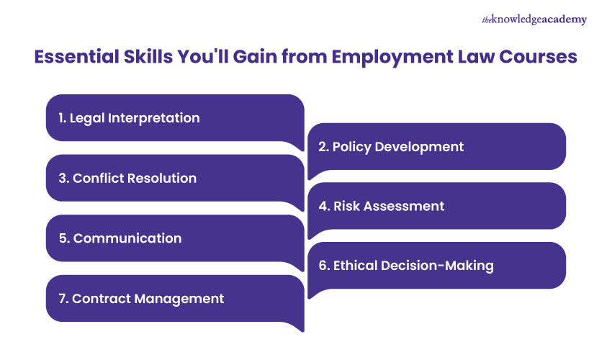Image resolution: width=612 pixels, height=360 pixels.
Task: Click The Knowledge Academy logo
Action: pos(534,19)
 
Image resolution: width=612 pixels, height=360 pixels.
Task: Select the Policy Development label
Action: pos(391,146)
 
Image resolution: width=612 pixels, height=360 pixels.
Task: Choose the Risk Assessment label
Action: pos(381,206)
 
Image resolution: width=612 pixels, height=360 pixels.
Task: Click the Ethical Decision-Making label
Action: pos(406,266)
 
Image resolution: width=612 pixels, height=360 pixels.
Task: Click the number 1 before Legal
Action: pos(61,117)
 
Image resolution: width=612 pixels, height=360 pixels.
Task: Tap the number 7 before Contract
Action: pos(62,298)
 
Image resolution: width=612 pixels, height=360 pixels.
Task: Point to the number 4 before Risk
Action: pos(323,206)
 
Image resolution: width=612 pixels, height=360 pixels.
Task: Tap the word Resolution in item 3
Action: pos(161,178)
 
